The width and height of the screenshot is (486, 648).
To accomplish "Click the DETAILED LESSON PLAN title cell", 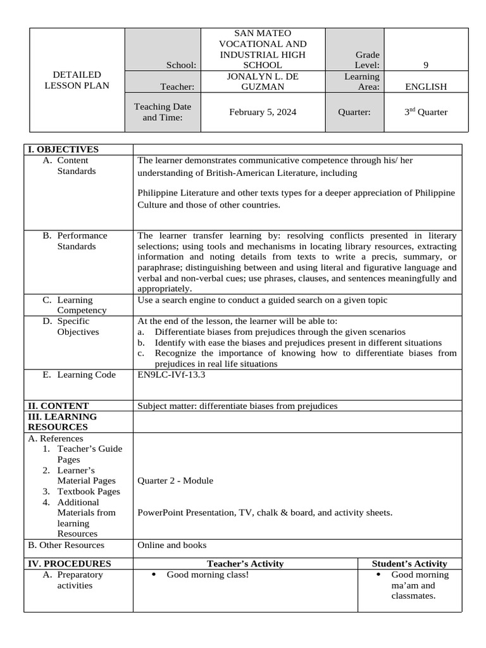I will pyautogui.click(x=72, y=80).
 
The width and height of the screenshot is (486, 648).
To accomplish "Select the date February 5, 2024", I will pyautogui.click(x=263, y=112).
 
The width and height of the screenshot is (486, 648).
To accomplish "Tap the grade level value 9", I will pyautogui.click(x=426, y=65).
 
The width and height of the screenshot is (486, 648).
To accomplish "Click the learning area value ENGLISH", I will pyautogui.click(x=426, y=87).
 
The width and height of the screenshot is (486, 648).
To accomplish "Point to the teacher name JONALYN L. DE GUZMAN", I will pyautogui.click(x=263, y=81).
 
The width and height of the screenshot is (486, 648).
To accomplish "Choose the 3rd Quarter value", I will pyautogui.click(x=426, y=112).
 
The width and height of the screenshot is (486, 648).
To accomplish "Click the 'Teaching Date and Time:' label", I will pyautogui.click(x=163, y=112).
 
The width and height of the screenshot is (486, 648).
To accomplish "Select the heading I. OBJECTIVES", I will pyautogui.click(x=62, y=149).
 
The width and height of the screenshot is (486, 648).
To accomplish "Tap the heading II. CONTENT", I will pyautogui.click(x=58, y=406).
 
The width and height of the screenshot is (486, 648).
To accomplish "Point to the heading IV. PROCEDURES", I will pyautogui.click(x=68, y=563).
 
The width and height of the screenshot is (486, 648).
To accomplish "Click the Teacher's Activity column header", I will pyautogui.click(x=245, y=563).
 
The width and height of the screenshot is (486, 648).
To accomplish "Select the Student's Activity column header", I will pyautogui.click(x=409, y=563).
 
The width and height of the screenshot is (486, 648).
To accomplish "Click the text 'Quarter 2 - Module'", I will pyautogui.click(x=175, y=480).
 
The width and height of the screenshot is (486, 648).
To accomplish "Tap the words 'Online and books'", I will pyautogui.click(x=171, y=545).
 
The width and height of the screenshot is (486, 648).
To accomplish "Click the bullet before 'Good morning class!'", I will pyautogui.click(x=155, y=575).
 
